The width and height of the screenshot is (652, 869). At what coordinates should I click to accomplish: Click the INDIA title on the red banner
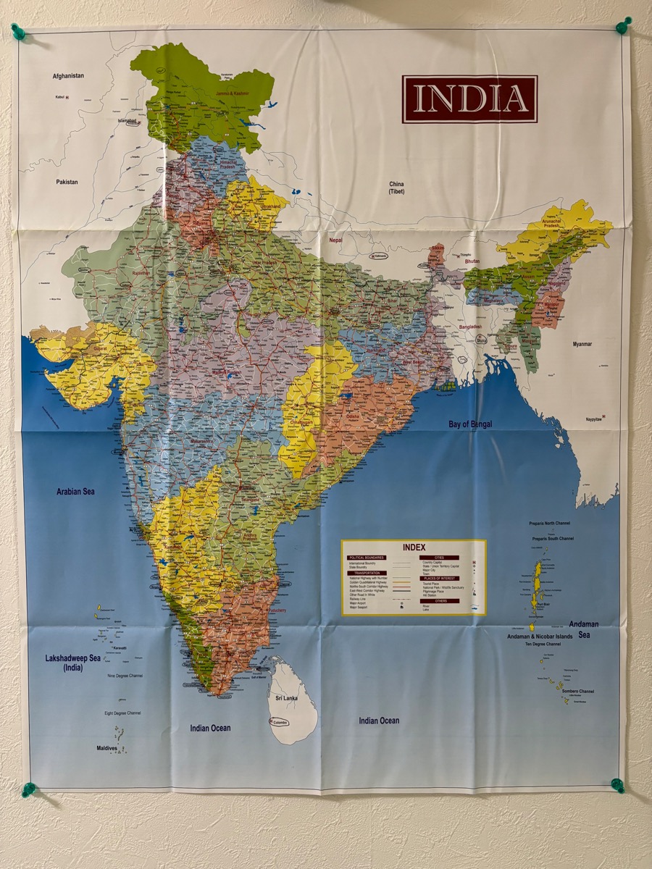(469, 98)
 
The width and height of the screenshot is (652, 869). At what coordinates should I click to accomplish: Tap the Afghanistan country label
(68, 75)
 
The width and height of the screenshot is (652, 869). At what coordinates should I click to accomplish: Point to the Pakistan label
(67, 182)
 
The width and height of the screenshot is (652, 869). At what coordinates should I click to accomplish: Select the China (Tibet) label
(396, 188)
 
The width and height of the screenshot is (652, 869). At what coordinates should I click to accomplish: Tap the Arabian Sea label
(76, 492)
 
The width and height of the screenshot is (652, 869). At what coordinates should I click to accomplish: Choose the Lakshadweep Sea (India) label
(73, 663)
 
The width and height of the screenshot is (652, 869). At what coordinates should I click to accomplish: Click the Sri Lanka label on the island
(286, 697)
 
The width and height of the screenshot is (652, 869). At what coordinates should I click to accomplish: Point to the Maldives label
(106, 748)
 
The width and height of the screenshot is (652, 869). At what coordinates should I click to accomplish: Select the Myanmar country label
(582, 344)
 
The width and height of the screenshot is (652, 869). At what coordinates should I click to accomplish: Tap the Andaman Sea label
(584, 629)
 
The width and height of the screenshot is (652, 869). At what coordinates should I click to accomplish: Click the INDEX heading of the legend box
(414, 547)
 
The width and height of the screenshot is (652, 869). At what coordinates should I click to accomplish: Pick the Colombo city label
(280, 722)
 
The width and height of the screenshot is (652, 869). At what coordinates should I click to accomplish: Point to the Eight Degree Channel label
(123, 713)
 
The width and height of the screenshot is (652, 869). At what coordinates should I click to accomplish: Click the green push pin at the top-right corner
(622, 25)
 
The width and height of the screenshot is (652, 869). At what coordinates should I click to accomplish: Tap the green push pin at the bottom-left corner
(28, 789)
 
